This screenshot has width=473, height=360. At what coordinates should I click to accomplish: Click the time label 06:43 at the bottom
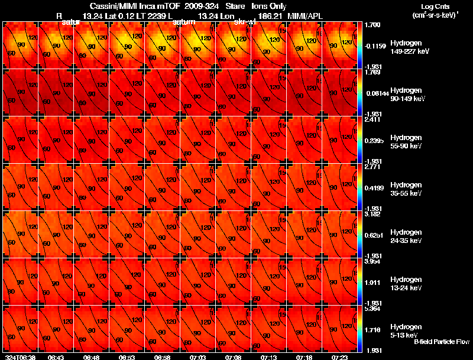pyautogui.click(x=56, y=357)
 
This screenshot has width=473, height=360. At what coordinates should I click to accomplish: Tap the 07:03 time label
pyautogui.click(x=198, y=357)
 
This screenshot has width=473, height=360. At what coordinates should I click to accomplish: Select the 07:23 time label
pyautogui.click(x=340, y=357)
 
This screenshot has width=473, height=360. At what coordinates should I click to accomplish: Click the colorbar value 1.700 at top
pyautogui.click(x=374, y=26)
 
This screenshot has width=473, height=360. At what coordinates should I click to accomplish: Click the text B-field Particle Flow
pyautogui.click(x=442, y=342)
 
